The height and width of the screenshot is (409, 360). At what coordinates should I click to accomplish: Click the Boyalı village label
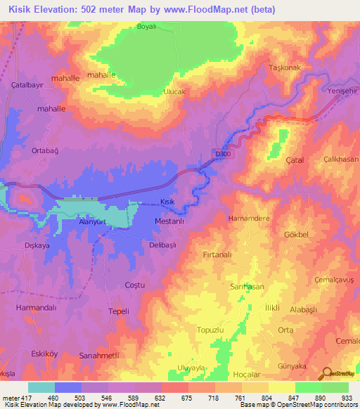point(148,28)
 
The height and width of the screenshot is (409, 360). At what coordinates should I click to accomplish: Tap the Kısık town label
point(167,202)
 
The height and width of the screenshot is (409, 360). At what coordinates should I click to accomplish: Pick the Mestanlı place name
point(169,221)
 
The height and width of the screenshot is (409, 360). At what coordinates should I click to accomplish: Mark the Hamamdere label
point(249,219)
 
